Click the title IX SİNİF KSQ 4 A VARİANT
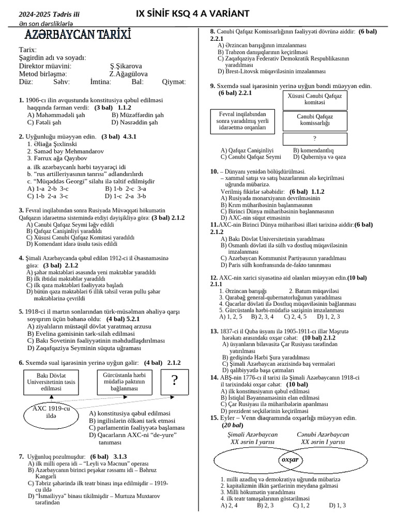tap(192, 12)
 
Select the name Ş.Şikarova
tap(126, 66)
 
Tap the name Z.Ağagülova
tap(128, 74)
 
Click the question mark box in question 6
tap(175, 381)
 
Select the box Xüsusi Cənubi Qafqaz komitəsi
tap(314, 99)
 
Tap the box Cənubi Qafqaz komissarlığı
tap(314, 120)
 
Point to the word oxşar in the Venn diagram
tap(289, 459)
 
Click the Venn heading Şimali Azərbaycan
tap(253, 435)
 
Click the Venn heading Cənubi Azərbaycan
tap(323, 435)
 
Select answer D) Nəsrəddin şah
tap(135, 122)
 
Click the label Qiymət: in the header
tap(174, 82)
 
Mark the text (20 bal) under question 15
tap(233, 425)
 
